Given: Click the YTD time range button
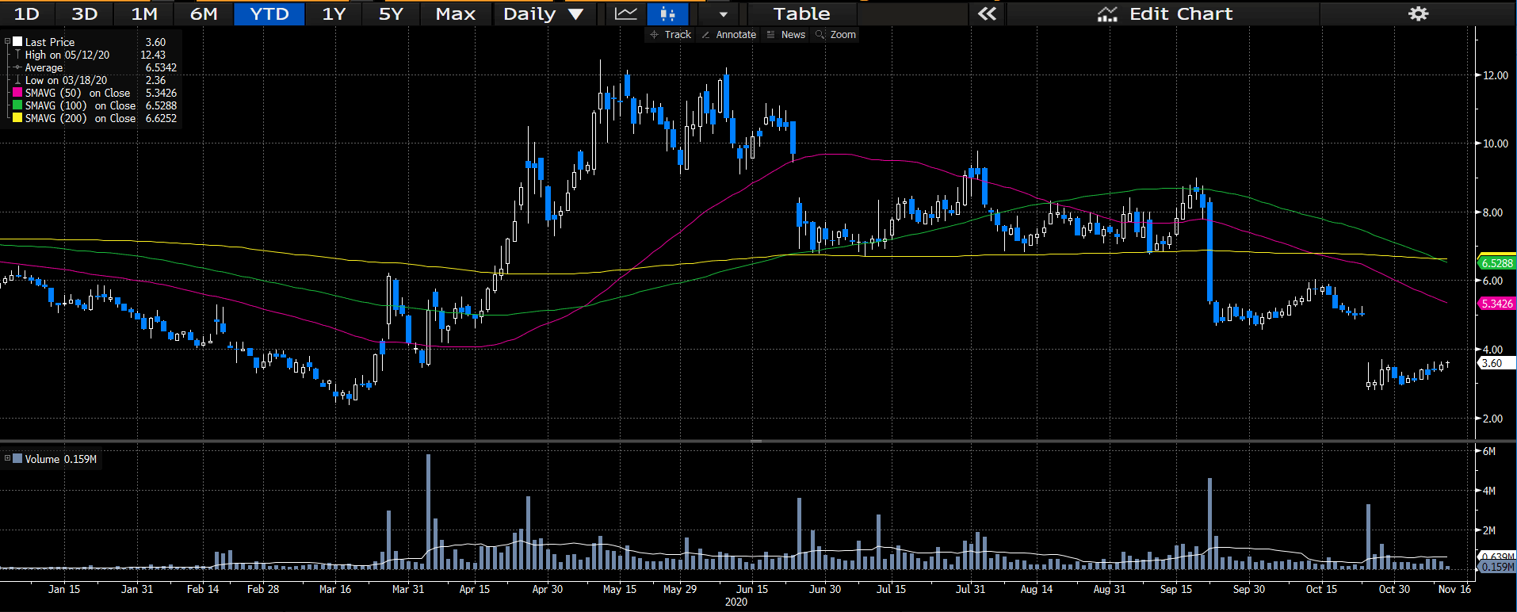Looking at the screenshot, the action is (269, 14).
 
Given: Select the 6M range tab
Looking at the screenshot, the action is (204, 14).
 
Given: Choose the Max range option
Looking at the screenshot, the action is (456, 14).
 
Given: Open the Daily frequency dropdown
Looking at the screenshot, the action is (544, 14).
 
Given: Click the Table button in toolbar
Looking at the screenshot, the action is (801, 14).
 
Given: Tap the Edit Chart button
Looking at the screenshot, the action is (1164, 14).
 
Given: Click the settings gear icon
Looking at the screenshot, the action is (1418, 14).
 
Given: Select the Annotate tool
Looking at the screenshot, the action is (729, 35).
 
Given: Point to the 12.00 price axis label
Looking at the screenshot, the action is (1496, 75).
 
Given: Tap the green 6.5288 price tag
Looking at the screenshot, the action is (1497, 263).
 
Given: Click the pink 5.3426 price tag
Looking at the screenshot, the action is (1497, 304).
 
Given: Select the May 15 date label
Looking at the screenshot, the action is (620, 589).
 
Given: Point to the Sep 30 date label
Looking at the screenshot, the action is (1249, 589).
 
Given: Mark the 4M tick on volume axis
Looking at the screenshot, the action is (1488, 491).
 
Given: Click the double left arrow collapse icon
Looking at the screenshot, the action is (987, 14).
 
